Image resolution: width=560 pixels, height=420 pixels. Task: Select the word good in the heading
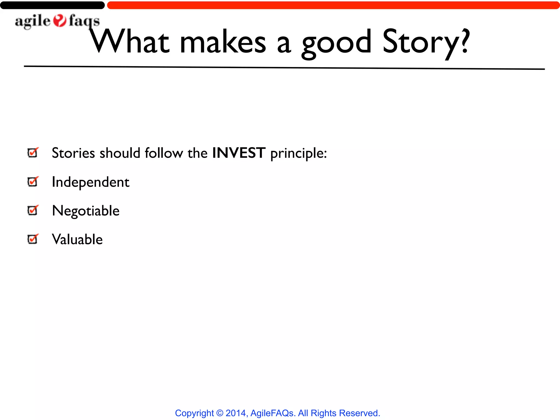click(x=336, y=44)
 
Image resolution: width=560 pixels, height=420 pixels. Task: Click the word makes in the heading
click(x=223, y=42)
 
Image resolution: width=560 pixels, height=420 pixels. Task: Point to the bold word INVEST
click(x=239, y=153)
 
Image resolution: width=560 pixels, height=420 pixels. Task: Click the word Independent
click(x=91, y=182)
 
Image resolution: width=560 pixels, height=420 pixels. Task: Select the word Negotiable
click(x=86, y=211)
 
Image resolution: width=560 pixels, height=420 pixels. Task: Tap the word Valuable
click(x=77, y=240)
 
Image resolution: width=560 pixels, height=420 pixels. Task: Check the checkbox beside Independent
click(x=33, y=182)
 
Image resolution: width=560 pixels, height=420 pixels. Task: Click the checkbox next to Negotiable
click(x=33, y=210)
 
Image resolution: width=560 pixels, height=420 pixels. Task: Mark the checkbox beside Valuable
click(x=33, y=239)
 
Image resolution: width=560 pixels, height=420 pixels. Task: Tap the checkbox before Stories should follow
click(x=33, y=153)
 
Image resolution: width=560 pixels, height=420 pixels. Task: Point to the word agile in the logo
click(x=33, y=21)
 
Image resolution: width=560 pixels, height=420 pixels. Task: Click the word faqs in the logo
click(x=84, y=21)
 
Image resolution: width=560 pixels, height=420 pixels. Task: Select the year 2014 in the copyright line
click(x=236, y=413)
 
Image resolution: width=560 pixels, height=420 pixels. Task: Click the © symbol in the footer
click(x=220, y=413)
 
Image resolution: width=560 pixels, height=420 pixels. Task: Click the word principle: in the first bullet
click(x=299, y=153)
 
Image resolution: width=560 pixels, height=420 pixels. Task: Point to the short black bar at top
click(x=52, y=5)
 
